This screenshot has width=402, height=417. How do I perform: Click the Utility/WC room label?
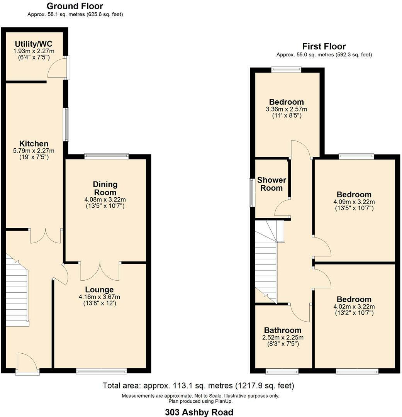click(34, 44)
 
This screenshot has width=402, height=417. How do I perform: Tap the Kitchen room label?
click(34, 144)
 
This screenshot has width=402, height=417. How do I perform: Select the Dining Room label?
click(105, 188)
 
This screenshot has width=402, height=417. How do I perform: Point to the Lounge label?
click(99, 290)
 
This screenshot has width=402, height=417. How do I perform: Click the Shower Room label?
click(271, 184)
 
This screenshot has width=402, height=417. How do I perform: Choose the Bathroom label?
click(283, 330)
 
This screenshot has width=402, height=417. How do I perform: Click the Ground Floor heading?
click(75, 6)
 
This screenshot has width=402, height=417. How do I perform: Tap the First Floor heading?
click(324, 47)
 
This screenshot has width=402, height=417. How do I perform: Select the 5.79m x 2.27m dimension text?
click(34, 151)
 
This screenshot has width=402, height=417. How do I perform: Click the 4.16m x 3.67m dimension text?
click(99, 297)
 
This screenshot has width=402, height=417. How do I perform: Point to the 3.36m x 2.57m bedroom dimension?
click(287, 109)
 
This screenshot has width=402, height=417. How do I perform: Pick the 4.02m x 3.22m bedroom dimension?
click(354, 306)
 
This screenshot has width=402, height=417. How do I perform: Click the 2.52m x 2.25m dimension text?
click(283, 337)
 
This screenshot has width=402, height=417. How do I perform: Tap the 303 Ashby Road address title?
click(199, 412)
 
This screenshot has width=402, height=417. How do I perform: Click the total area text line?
click(198, 385)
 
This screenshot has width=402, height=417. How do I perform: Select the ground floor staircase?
click(17, 290)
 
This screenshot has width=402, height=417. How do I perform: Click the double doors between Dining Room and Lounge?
click(100, 271)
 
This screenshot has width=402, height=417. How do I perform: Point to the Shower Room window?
click(252, 193)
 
